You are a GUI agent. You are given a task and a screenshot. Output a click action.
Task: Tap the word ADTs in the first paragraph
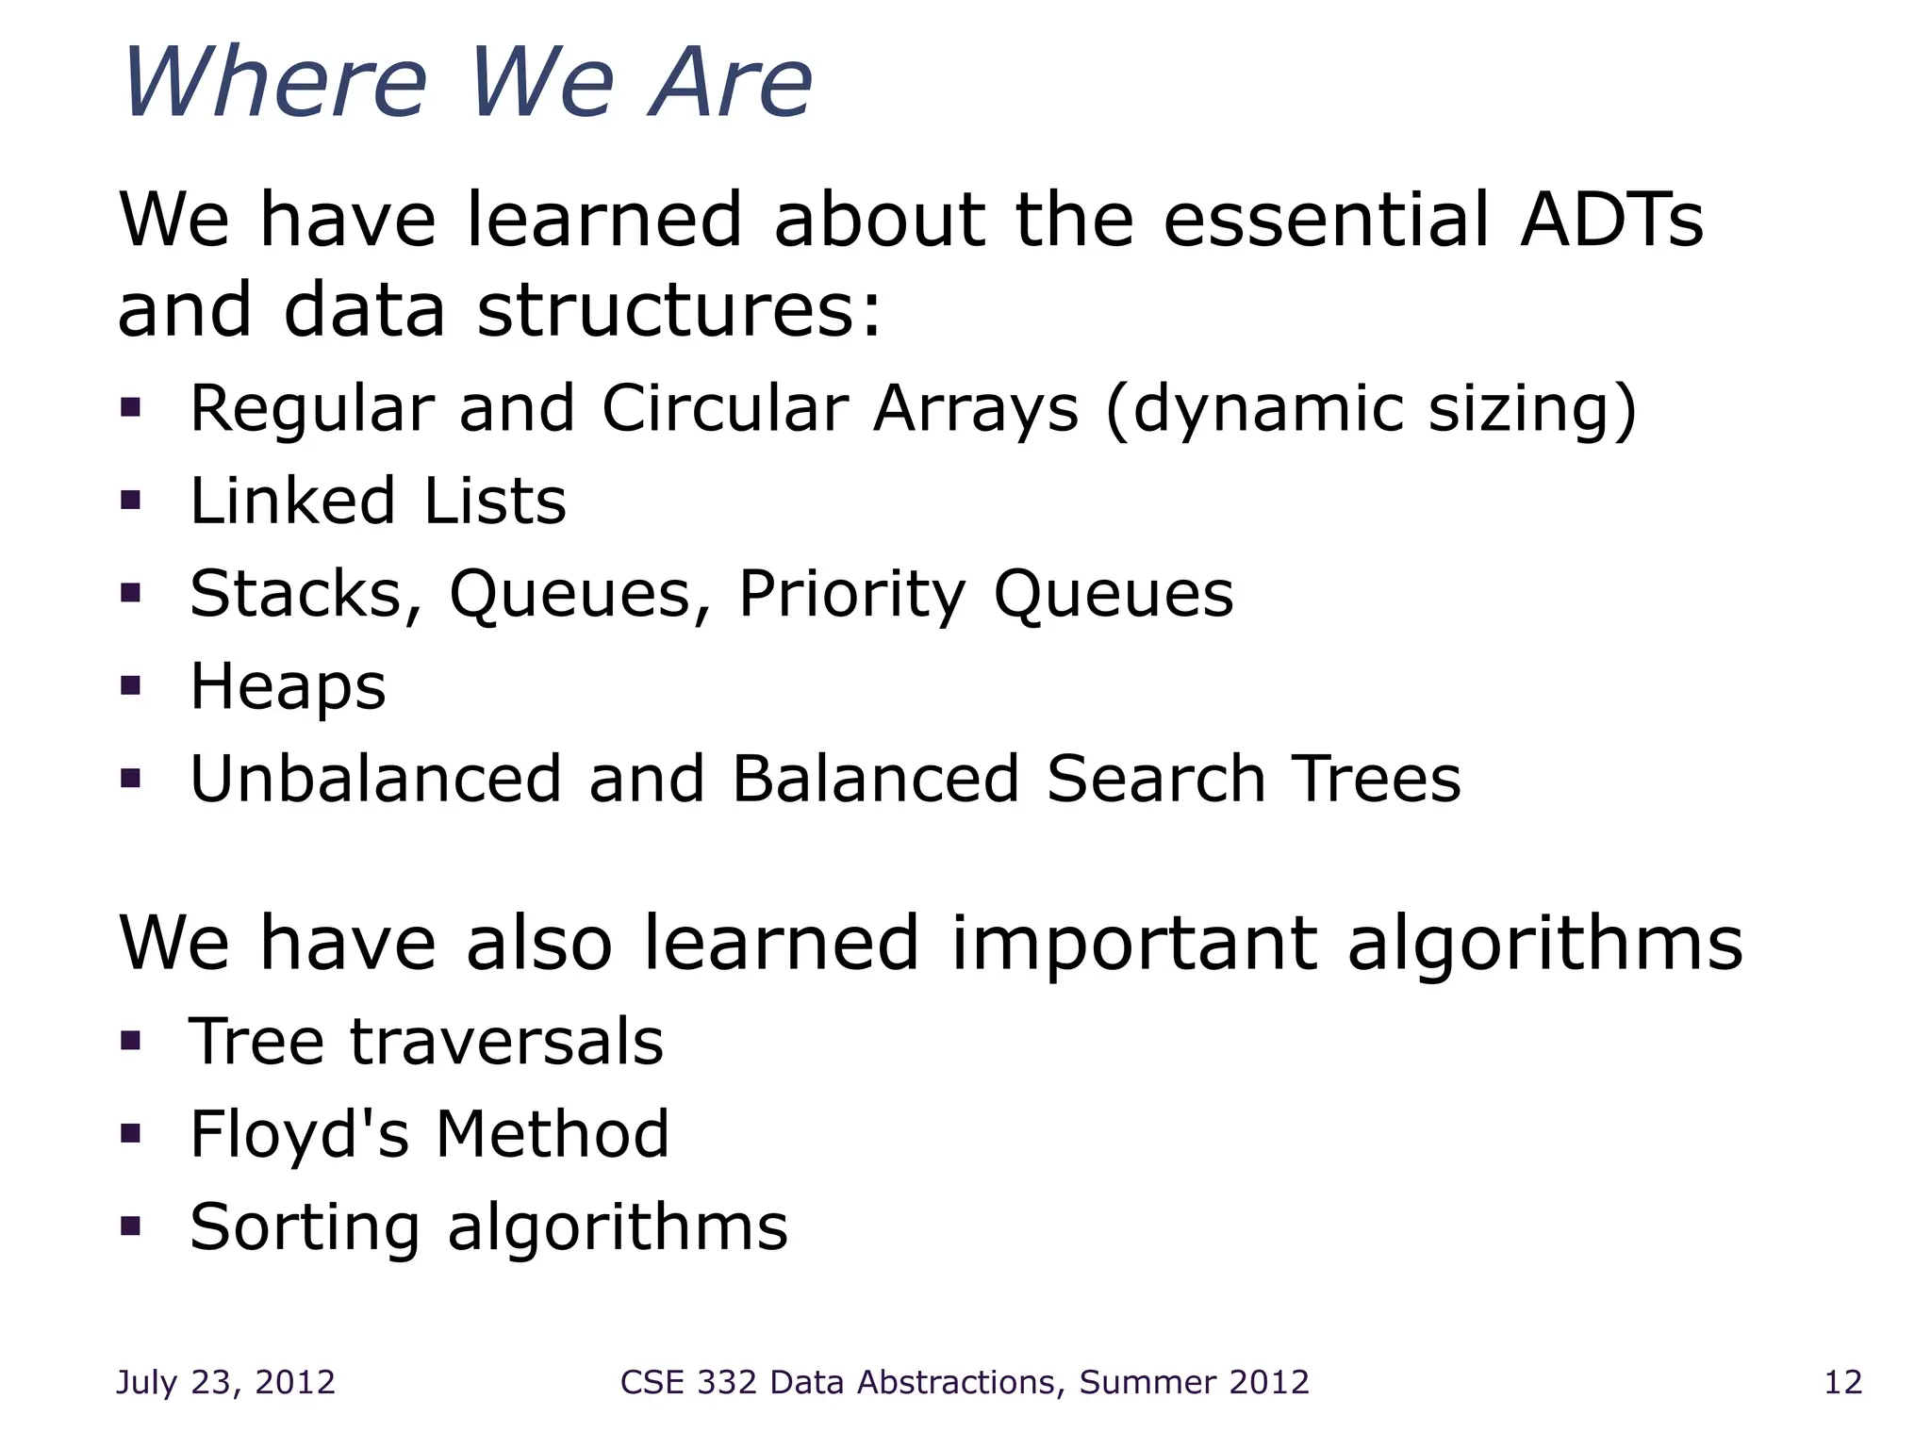(x=1611, y=220)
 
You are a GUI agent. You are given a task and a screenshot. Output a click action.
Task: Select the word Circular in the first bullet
(x=725, y=409)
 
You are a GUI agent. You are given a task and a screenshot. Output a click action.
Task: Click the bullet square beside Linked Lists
(x=131, y=501)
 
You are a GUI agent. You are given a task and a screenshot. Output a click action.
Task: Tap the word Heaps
(x=288, y=686)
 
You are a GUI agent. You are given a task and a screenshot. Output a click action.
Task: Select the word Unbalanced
(x=375, y=779)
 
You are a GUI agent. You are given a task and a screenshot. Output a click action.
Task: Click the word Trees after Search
(x=1376, y=779)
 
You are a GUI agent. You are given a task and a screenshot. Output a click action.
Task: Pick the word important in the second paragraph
(x=1134, y=943)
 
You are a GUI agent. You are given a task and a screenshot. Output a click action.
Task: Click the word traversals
(x=506, y=1043)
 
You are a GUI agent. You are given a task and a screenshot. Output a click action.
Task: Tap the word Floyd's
(x=299, y=1134)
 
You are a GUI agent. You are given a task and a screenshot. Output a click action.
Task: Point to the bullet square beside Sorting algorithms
(x=131, y=1226)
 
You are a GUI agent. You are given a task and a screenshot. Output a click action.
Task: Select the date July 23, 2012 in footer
(x=225, y=1382)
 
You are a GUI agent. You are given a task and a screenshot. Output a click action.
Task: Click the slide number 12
(x=1842, y=1382)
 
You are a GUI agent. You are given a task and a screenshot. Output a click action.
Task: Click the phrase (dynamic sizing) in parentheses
(x=1371, y=409)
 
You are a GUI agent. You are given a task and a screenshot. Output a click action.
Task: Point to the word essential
(x=1327, y=220)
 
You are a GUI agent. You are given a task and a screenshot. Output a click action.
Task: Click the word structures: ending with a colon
(x=679, y=311)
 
